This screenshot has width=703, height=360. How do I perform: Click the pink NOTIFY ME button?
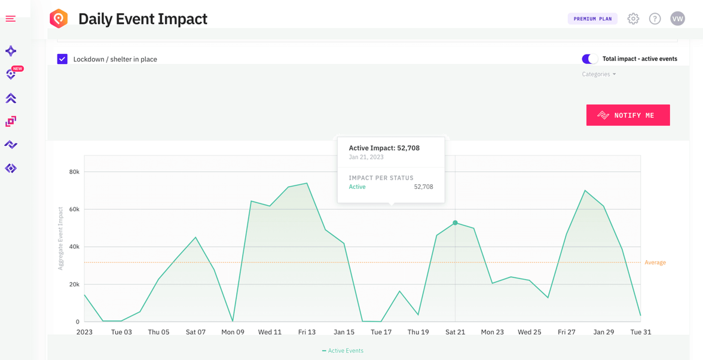point(628,115)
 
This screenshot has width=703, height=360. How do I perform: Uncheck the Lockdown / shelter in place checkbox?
point(62,59)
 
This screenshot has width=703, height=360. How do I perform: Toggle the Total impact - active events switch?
point(589,59)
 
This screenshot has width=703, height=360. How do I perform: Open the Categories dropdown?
point(598,74)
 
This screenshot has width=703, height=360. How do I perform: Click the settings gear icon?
point(633,19)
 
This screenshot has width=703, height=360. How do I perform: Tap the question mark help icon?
point(655,19)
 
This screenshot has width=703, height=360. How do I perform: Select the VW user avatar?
point(677,19)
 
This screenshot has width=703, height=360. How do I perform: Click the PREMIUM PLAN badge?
point(592,19)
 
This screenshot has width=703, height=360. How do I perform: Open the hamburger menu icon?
point(11,19)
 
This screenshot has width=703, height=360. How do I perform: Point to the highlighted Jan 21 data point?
point(455,223)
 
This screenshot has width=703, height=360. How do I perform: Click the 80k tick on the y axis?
point(74,172)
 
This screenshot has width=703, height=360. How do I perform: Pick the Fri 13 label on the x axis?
point(307,332)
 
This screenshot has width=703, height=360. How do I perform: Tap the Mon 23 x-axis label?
point(492,332)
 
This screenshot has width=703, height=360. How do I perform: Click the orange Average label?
point(655,263)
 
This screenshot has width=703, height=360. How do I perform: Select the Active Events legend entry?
point(343,351)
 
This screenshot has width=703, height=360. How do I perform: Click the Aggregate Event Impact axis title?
point(60,238)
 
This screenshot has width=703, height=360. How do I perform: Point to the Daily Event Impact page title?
point(143,19)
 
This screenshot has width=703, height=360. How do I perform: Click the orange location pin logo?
point(59,19)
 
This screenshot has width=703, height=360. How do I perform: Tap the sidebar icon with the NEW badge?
point(11,74)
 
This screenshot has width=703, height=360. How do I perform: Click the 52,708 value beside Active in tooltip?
point(423,187)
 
